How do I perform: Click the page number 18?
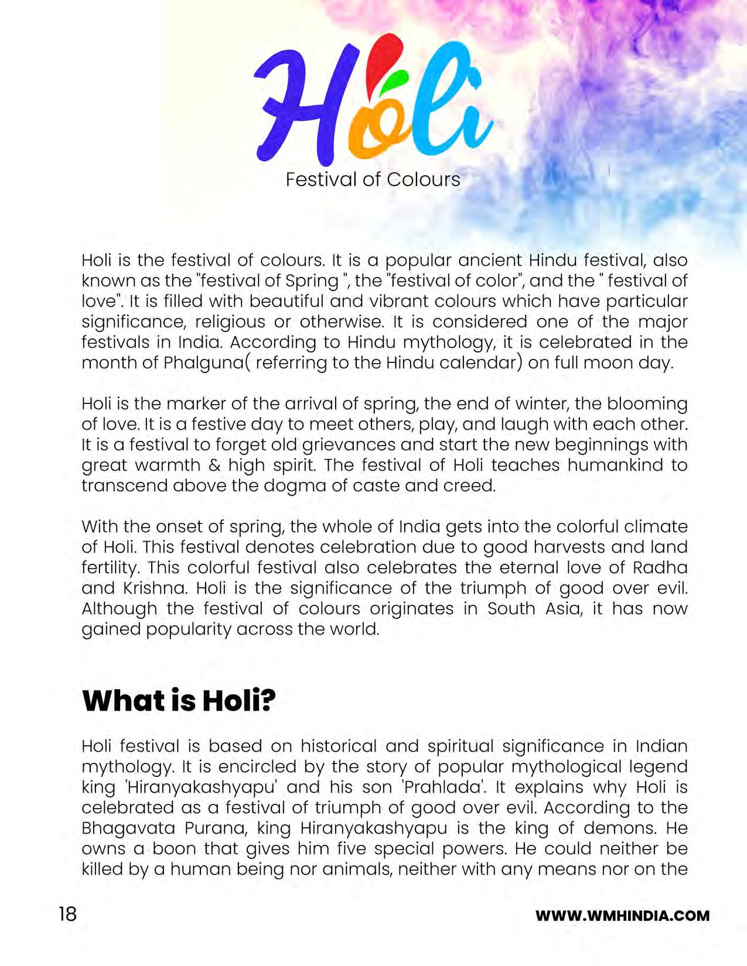coord(67,914)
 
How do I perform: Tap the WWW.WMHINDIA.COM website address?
coord(622,916)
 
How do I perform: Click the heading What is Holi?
coord(179,701)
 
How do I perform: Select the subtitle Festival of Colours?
coord(373,179)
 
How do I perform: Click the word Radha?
coord(660,568)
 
